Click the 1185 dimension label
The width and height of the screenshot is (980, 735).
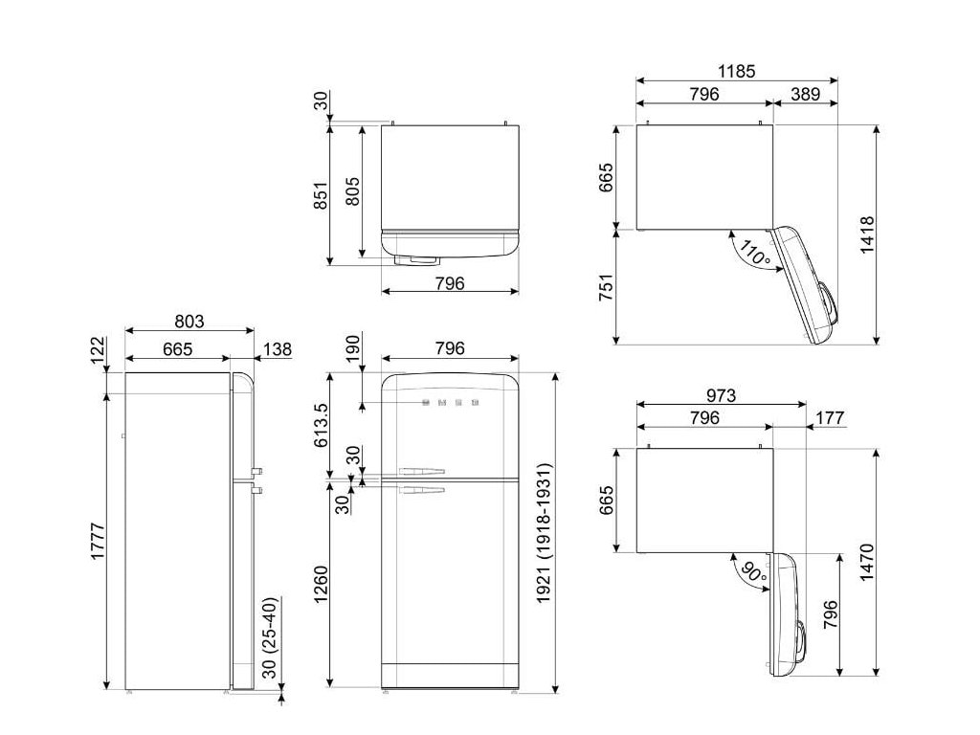[736, 71]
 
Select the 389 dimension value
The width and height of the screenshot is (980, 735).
[805, 95]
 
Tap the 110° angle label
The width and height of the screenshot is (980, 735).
[754, 253]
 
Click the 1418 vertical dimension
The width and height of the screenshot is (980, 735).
[867, 234]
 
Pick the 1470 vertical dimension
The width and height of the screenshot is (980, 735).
[867, 563]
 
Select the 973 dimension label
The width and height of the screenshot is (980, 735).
[722, 395]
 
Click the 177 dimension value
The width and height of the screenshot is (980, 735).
[830, 417]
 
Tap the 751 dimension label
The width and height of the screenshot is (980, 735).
[607, 287]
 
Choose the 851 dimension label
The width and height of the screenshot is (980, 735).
[320, 195]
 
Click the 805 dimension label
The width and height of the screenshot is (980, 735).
[352, 191]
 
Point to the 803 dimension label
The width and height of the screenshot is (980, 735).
[189, 322]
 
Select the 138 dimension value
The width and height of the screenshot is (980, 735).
[277, 349]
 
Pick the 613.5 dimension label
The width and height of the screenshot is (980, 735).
[320, 424]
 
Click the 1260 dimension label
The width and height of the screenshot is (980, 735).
[320, 585]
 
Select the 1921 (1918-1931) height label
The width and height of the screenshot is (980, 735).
[545, 533]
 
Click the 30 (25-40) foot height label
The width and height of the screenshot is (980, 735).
[269, 637]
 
